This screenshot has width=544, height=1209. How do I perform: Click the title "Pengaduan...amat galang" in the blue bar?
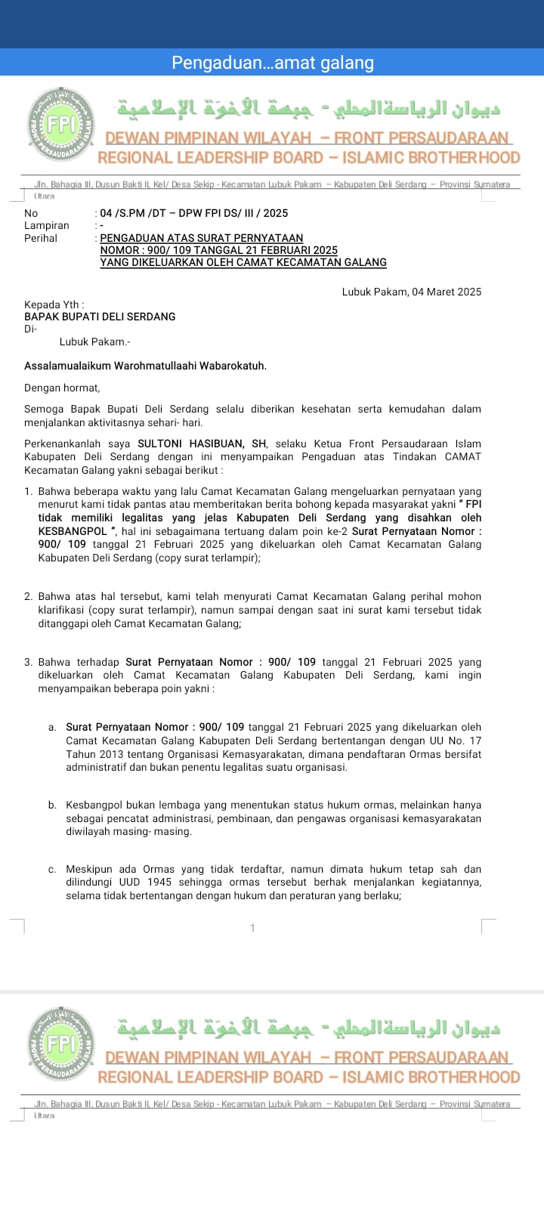(x=272, y=63)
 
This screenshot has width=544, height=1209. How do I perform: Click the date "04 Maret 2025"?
(x=447, y=292)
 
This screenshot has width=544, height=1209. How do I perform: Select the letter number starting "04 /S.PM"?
(x=194, y=213)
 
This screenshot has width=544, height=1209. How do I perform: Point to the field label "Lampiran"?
(x=46, y=225)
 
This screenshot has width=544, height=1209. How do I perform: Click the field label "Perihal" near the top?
(x=41, y=238)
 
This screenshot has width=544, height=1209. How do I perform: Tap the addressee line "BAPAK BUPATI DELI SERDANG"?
(x=100, y=317)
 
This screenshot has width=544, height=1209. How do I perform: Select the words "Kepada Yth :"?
(x=54, y=305)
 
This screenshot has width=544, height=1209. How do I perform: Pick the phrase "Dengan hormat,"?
(x=62, y=388)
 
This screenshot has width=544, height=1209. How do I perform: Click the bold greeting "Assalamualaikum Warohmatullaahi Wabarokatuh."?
(x=145, y=366)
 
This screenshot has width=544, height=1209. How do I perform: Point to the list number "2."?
(x=29, y=597)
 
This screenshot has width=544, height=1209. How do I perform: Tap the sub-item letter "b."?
(x=52, y=805)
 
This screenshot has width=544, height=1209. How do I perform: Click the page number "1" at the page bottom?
(x=253, y=928)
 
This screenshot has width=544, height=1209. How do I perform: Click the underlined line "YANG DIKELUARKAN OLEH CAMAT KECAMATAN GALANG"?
(x=243, y=262)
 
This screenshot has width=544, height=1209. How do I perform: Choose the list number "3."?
(x=29, y=662)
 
